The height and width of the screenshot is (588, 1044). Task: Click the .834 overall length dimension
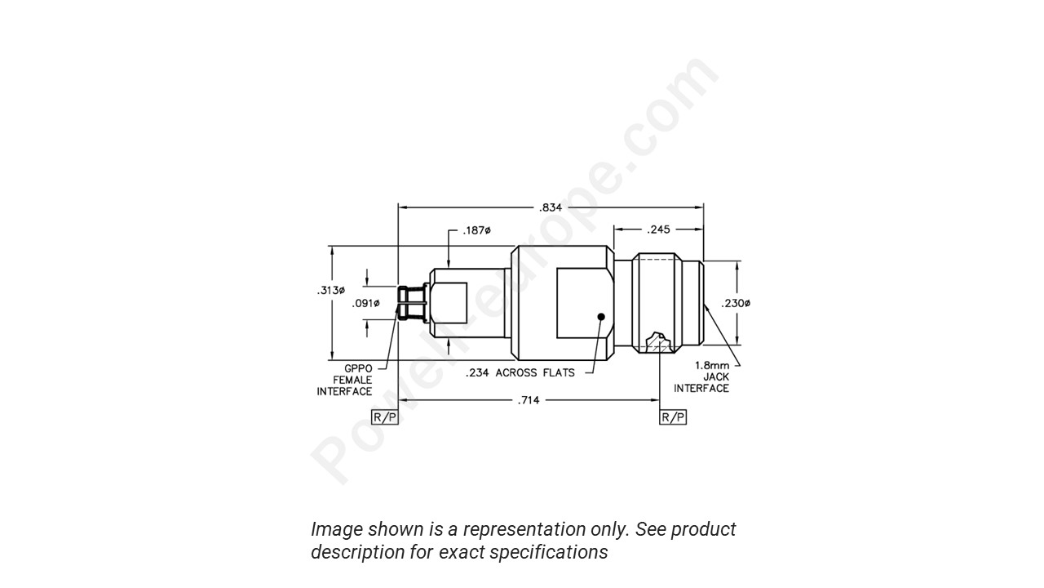[x=551, y=207]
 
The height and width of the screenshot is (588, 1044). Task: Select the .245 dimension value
[x=658, y=230]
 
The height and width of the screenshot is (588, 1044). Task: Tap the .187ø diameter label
[x=476, y=230]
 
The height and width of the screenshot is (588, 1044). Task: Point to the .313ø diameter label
[x=330, y=291]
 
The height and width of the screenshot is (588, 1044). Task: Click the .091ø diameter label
[x=365, y=304]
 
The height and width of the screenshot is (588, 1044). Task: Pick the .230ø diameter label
[x=736, y=304]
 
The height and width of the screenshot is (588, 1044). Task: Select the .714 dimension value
[x=529, y=400]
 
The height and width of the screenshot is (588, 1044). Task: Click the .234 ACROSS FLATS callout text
[x=520, y=373]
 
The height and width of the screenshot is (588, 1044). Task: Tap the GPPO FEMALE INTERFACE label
[x=345, y=380]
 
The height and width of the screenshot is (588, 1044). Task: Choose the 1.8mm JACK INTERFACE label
[x=702, y=376]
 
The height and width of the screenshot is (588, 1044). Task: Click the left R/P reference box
[x=385, y=417]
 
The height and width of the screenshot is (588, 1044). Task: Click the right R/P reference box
[x=673, y=417]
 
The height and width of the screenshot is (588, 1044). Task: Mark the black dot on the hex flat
[x=601, y=316]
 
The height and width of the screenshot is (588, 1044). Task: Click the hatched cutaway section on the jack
[x=657, y=342]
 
